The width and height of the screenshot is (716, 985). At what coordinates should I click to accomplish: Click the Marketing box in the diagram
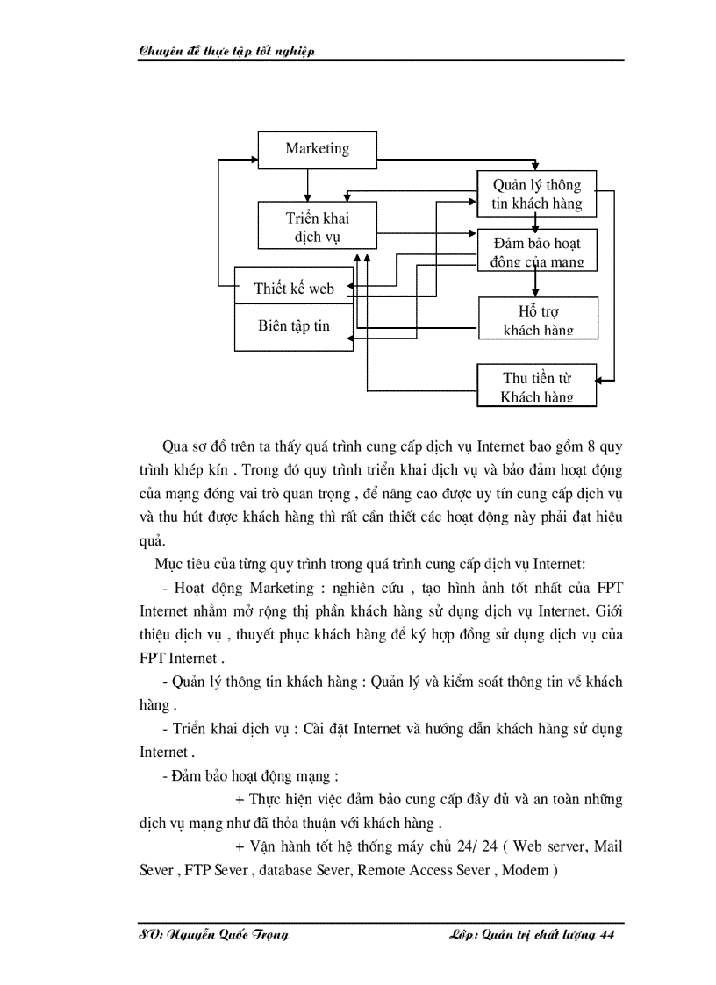317,149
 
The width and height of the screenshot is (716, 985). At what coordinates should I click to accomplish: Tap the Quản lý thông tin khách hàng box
536,194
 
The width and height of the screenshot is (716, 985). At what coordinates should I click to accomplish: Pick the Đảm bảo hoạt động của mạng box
536,252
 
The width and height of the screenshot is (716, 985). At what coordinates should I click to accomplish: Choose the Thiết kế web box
294,288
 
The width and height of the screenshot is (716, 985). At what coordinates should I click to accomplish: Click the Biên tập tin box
294,326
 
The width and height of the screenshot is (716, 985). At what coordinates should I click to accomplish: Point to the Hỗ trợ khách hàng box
538,319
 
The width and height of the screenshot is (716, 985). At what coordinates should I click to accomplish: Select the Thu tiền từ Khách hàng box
536,386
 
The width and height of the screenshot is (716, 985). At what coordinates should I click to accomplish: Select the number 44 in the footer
605,935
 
